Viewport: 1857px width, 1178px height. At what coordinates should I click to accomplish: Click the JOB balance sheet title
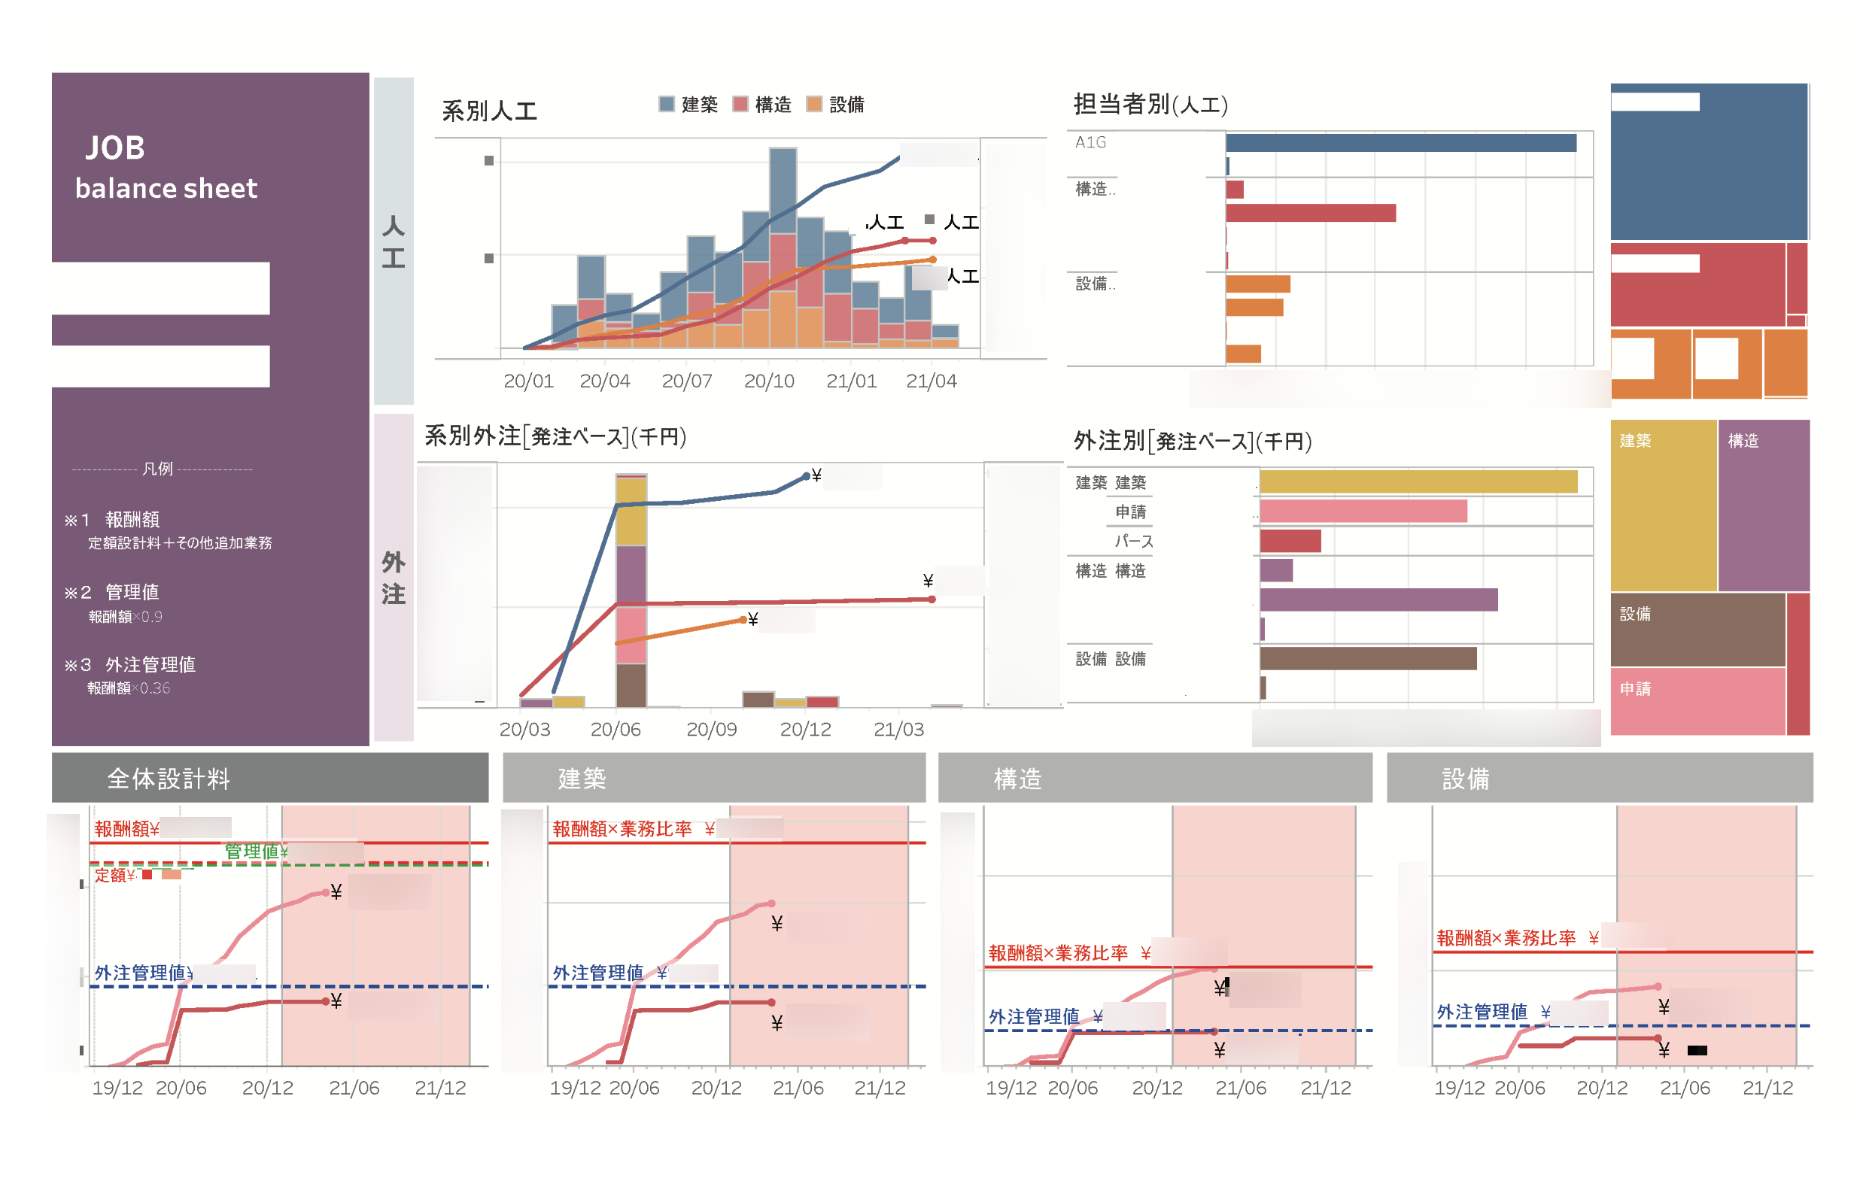tap(166, 167)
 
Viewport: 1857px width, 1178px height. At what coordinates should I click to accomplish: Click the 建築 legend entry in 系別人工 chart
tap(688, 104)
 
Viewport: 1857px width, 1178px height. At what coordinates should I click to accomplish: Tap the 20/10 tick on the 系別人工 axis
tap(769, 381)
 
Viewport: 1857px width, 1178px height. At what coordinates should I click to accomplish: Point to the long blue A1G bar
tap(1400, 143)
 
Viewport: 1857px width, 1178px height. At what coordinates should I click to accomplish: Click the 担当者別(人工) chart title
tap(1150, 104)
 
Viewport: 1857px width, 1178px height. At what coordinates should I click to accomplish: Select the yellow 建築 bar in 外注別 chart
tap(1418, 482)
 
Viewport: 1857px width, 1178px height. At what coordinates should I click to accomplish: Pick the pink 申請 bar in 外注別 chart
tap(1363, 511)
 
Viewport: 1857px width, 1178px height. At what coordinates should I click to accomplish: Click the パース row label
tap(1134, 541)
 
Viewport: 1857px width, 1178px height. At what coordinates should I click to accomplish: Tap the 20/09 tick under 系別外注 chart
tap(711, 730)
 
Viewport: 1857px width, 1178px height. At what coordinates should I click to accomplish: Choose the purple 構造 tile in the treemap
tap(1763, 505)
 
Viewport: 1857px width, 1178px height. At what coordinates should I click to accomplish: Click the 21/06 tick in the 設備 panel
tap(1684, 1088)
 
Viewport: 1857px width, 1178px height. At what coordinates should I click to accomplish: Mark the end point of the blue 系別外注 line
tap(806, 476)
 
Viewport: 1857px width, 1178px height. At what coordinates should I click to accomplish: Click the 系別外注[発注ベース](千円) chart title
tap(555, 436)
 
